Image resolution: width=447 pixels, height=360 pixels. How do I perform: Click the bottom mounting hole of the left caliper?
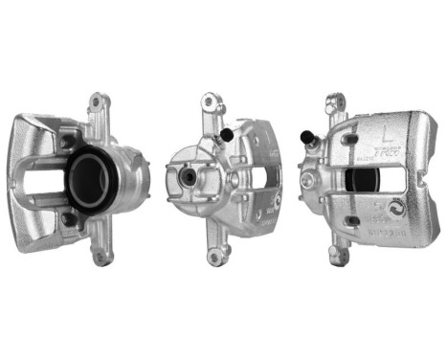pyautogui.click(x=98, y=257)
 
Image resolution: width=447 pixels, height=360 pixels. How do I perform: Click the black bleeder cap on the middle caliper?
pyautogui.click(x=226, y=135)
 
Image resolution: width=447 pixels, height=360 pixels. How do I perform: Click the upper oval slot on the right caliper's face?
pyautogui.click(x=351, y=139)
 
